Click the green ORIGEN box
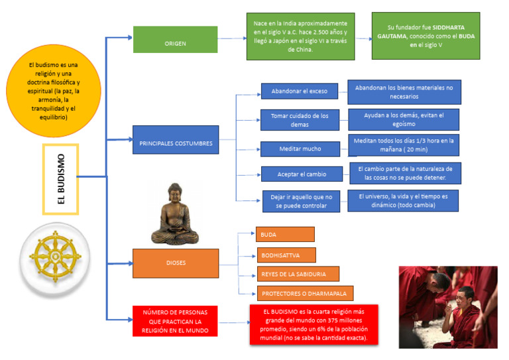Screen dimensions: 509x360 [x=175, y=40]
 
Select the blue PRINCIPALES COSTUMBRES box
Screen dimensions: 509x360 [x=176, y=140]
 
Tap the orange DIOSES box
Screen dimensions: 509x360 [x=176, y=263]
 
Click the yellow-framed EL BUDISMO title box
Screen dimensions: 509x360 [x=61, y=179]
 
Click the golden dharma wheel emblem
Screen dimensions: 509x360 [x=55, y=257]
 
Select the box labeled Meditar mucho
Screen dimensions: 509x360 [x=300, y=149]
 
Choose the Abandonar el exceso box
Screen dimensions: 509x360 [x=300, y=91]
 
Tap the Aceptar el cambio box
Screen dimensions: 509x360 [x=302, y=174]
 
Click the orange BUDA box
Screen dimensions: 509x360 [x=285, y=235]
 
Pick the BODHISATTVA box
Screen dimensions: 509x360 [x=286, y=255]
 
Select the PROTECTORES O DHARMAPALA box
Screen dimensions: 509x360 [x=305, y=294]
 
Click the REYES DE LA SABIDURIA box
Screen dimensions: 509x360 [x=298, y=274]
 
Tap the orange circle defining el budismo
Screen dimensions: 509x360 [x=54, y=91]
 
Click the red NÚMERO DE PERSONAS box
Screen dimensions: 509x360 [x=175, y=321]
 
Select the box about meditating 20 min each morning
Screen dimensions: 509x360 [x=404, y=145]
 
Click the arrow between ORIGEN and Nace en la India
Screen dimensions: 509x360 [x=232, y=38]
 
